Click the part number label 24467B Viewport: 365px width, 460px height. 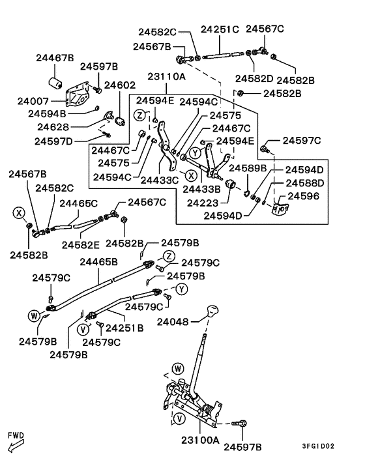tap(55, 58)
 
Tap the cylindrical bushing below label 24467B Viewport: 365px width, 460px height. tap(55, 82)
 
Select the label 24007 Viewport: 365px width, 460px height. tap(33, 101)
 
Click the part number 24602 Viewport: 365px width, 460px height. tap(120, 85)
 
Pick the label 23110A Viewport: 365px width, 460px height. tap(166, 77)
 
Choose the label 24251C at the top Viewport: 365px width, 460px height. tap(220, 29)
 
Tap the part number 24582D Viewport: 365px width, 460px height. tap(254, 78)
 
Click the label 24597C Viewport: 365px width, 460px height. tap(302, 141)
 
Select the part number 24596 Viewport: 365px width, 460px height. tap(303, 196)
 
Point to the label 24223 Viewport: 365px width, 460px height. tap(203, 203)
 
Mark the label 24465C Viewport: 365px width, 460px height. tap(79, 203)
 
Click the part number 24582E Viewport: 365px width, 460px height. tap(81, 245)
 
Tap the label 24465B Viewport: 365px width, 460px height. tap(99, 262)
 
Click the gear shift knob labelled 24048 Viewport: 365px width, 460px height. tap(213, 311)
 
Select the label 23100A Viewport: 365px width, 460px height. tap(200, 440)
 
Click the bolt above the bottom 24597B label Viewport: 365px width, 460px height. tap(239, 424)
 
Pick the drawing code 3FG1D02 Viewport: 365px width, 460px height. tap(318, 446)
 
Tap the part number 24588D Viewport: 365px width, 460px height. tap(305, 183)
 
